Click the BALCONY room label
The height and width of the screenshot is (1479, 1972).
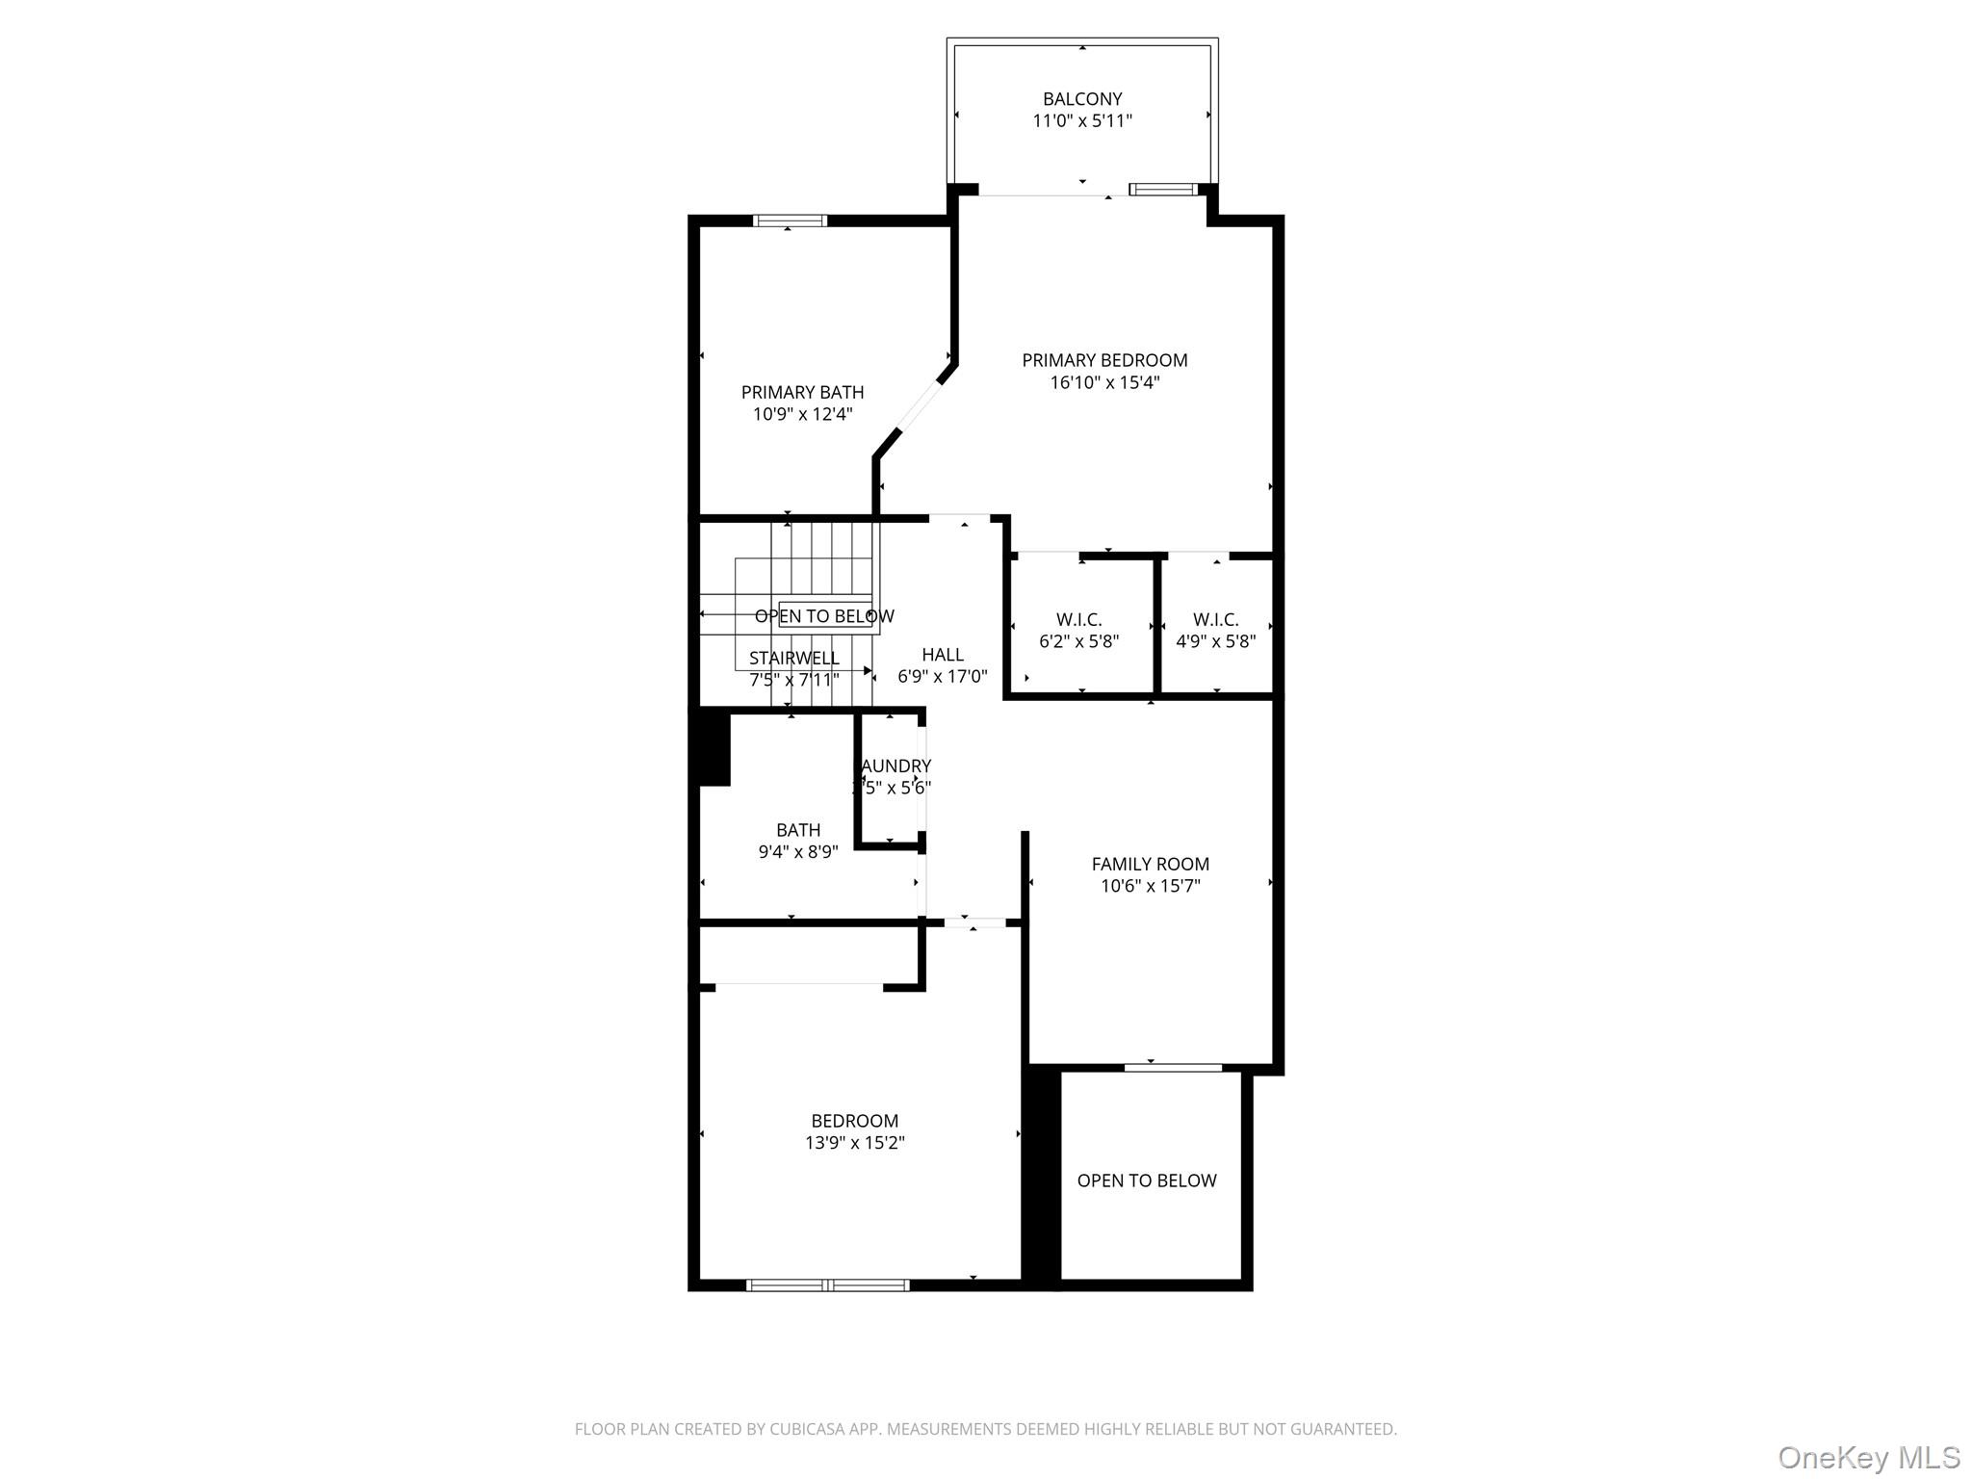click(x=1082, y=99)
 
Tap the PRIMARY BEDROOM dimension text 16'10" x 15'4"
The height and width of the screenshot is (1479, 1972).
click(x=1104, y=383)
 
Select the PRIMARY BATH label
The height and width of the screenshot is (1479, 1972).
click(x=802, y=393)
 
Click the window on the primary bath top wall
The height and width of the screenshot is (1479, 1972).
click(x=790, y=221)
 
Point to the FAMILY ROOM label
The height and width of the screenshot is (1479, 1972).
click(x=1150, y=865)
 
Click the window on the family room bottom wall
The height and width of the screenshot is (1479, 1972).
click(x=1173, y=1067)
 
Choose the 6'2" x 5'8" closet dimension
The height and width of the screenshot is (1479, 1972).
click(x=1078, y=642)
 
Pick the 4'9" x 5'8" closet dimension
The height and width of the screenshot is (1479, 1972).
click(x=1215, y=642)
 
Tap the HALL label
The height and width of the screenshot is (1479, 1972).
click(x=942, y=655)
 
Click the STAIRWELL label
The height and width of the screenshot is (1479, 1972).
click(x=794, y=659)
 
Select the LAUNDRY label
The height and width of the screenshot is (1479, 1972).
click(x=895, y=766)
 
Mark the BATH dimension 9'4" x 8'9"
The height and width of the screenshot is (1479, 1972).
click(x=798, y=852)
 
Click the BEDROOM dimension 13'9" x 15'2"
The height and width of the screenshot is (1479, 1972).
click(x=855, y=1143)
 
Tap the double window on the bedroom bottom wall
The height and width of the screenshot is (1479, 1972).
click(x=828, y=1284)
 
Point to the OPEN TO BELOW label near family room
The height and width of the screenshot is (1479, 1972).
click(x=1147, y=1181)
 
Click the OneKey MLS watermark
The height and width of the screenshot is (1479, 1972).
click(x=1868, y=1457)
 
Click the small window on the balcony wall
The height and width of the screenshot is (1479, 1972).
click(x=1163, y=189)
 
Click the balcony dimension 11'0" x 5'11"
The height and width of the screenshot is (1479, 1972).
click(x=1082, y=121)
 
